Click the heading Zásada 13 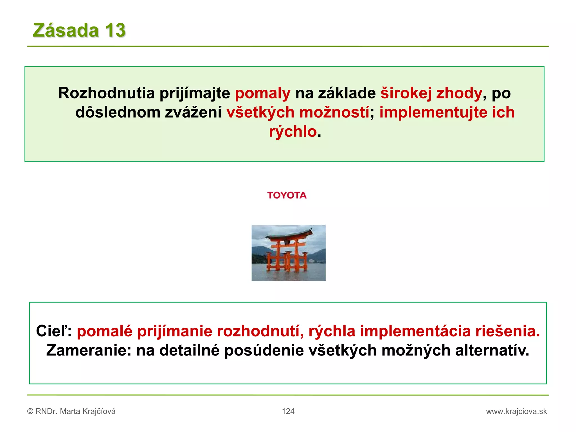click(79, 30)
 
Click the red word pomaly click(262, 93)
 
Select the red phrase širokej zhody click(431, 93)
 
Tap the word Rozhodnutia click(107, 93)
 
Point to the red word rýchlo click(293, 131)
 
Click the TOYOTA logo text click(287, 195)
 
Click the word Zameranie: click(89, 350)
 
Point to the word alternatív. click(492, 350)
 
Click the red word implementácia click(415, 331)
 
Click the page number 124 click(288, 411)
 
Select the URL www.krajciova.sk click(516, 411)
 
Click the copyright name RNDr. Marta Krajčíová click(75, 411)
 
